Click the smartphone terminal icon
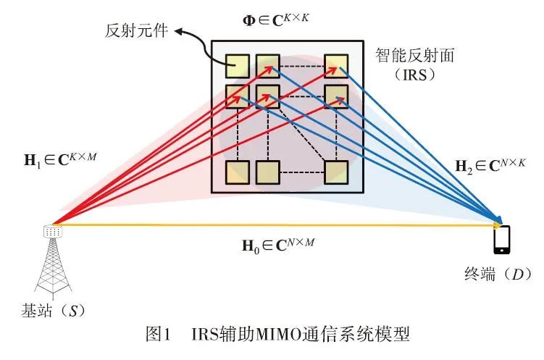(501, 240)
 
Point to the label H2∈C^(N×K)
(486, 165)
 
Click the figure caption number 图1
(156, 335)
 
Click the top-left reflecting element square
(237, 66)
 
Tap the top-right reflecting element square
(336, 66)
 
